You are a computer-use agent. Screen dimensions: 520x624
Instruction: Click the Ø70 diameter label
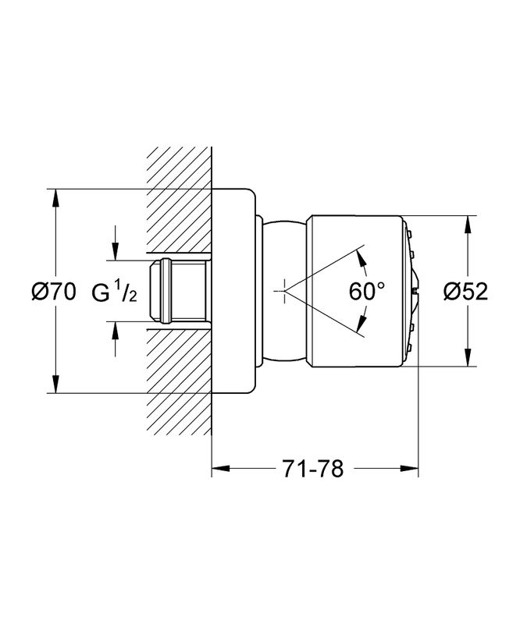click(53, 291)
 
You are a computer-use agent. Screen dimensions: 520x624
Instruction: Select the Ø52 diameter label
click(465, 291)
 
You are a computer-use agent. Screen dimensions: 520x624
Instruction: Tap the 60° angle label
click(367, 291)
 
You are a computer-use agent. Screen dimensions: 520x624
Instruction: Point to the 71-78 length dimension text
click(313, 469)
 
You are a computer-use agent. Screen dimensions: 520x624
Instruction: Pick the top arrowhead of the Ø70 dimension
click(55, 197)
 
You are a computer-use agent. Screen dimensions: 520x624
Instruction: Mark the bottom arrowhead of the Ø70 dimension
click(55, 384)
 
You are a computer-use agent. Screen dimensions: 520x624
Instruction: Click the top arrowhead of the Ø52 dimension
click(468, 225)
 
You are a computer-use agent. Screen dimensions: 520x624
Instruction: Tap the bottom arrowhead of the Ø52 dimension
click(468, 357)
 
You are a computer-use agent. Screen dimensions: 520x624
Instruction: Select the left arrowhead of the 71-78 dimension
click(221, 469)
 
